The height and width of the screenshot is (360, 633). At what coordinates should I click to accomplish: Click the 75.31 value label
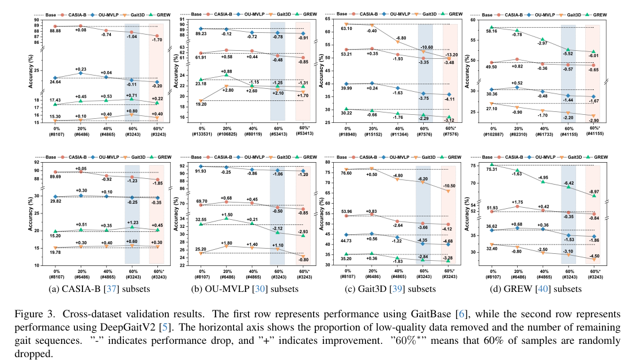coord(491,170)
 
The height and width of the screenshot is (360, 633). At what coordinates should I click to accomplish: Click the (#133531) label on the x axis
coord(201,134)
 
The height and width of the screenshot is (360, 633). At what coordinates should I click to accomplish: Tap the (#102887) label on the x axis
coord(492,134)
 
